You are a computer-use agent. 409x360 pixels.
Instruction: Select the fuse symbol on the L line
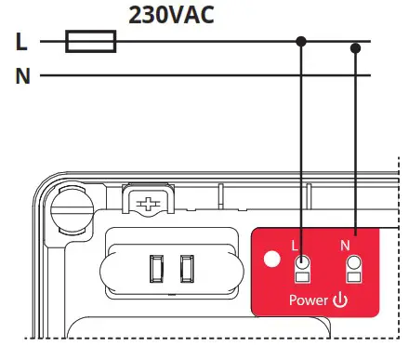tap(91, 42)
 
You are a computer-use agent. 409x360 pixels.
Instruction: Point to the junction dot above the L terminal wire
tap(301, 42)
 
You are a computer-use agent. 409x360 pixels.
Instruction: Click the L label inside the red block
tap(295, 246)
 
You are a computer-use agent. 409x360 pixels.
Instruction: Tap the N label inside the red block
tap(345, 246)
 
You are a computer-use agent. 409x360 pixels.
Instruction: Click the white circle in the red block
tap(273, 258)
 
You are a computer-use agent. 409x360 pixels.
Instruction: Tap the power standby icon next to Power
tap(340, 300)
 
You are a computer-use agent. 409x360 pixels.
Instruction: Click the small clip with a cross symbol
tap(148, 203)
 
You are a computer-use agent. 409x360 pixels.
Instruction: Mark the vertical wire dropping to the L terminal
tap(301, 149)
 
